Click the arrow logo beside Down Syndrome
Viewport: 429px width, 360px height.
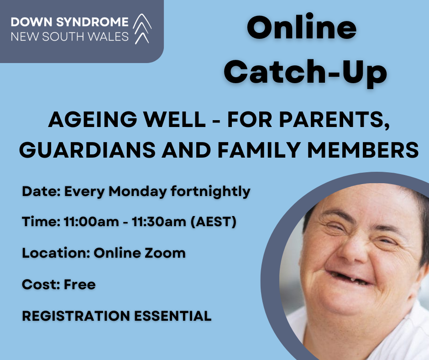click(142, 28)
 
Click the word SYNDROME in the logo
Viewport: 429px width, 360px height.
click(92, 22)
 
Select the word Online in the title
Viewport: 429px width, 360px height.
click(302, 28)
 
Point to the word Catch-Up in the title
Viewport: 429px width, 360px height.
click(305, 72)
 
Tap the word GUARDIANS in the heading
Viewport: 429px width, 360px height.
click(87, 150)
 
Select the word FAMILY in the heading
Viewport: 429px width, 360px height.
click(259, 150)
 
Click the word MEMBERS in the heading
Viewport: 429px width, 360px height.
click(363, 150)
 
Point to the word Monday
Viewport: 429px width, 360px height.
click(138, 191)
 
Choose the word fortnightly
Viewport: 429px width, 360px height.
click(210, 191)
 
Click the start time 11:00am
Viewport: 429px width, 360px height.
click(91, 222)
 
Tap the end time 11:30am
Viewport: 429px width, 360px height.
click(159, 222)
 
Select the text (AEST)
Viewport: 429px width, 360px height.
click(213, 222)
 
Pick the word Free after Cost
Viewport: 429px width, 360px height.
click(79, 284)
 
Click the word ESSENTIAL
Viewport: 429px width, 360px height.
click(173, 316)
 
